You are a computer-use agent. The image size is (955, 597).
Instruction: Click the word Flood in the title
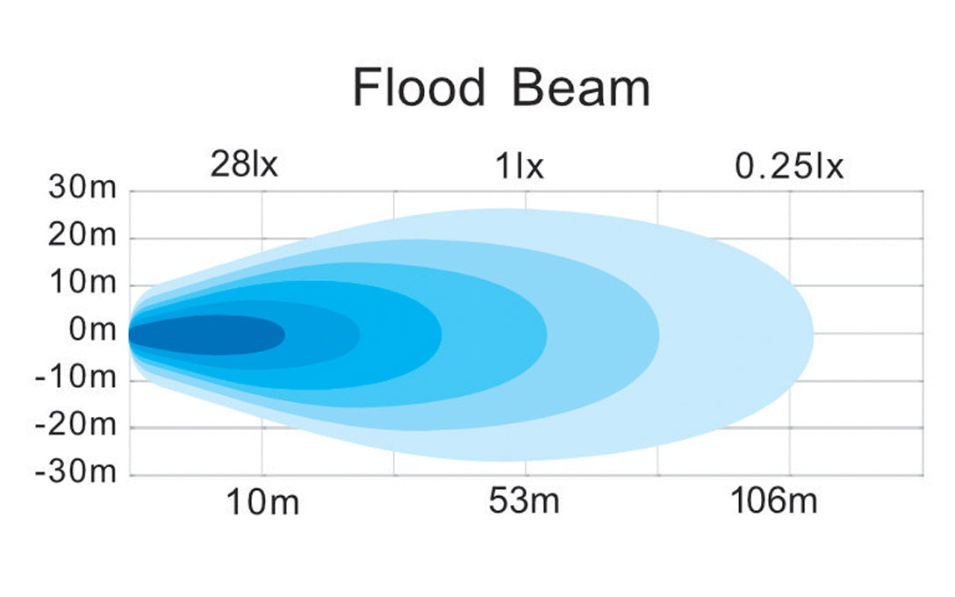(418, 88)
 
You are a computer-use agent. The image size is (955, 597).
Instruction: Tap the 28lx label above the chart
(243, 164)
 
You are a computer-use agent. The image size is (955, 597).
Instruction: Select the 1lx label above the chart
(520, 165)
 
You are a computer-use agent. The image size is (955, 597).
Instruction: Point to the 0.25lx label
(788, 165)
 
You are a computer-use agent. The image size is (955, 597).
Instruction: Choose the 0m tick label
(91, 331)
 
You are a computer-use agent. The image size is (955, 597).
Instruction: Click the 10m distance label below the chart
(262, 503)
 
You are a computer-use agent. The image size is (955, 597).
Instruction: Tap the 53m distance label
(524, 503)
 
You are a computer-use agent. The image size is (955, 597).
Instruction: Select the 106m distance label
(774, 503)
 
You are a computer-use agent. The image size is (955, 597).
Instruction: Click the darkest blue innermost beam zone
(211, 334)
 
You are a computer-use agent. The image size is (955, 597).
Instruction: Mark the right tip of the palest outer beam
(812, 334)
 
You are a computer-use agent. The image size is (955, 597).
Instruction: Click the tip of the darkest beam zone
(284, 334)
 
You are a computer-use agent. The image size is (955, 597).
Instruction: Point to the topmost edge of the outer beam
(505, 210)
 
